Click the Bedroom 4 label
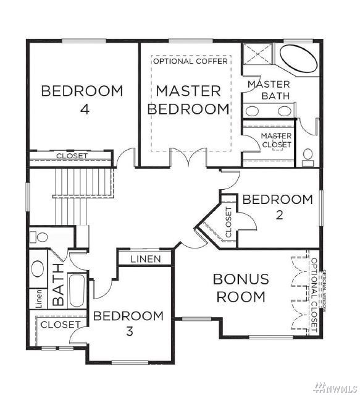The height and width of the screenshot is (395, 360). [x=82, y=100]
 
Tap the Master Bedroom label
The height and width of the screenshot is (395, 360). [x=188, y=100]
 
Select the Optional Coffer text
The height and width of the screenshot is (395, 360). [x=190, y=61]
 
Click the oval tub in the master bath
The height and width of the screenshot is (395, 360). [x=298, y=59]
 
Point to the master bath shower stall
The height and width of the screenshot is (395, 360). [x=257, y=54]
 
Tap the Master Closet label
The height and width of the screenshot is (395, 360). [x=276, y=140]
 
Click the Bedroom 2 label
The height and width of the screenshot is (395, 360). [x=278, y=207]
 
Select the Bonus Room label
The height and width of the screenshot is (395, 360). [x=241, y=288]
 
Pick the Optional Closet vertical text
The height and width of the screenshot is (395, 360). [x=314, y=294]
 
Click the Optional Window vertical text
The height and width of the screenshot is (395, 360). [x=324, y=291]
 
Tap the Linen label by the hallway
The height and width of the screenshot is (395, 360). [x=146, y=259]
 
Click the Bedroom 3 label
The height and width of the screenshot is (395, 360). [x=128, y=323]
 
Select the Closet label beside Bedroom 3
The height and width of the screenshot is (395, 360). [x=61, y=325]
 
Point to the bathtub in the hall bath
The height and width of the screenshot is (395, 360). [x=77, y=290]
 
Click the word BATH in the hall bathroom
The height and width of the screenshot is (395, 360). [x=58, y=284]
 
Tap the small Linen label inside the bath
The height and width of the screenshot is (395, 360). [x=38, y=299]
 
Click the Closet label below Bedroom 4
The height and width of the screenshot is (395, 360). [x=72, y=156]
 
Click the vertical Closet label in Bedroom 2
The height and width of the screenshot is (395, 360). [x=228, y=222]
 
